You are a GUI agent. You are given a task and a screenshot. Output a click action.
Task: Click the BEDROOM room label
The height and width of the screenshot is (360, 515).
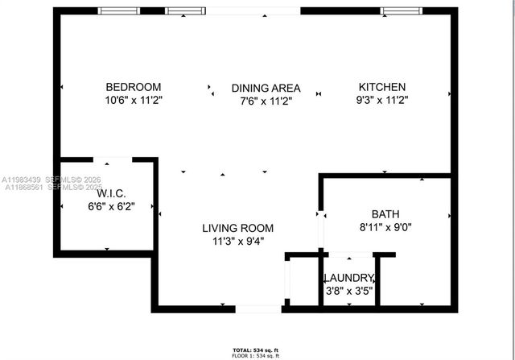[134, 87]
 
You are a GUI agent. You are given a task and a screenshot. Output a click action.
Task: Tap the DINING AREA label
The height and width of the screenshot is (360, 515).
[266, 88]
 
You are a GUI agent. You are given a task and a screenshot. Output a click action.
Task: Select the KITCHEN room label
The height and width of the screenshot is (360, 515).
[382, 87]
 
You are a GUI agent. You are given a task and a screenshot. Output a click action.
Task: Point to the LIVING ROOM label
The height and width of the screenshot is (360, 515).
[237, 228]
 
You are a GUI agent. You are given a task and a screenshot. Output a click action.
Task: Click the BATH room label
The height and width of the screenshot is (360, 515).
[385, 214]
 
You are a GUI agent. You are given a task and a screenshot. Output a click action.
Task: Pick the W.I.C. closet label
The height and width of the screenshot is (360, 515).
[110, 194]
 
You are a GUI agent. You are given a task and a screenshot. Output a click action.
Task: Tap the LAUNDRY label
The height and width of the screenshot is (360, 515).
[349, 279]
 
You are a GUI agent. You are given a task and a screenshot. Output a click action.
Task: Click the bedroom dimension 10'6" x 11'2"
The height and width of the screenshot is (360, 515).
[134, 101]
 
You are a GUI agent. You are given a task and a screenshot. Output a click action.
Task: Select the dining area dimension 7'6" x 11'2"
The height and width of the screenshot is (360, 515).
[266, 101]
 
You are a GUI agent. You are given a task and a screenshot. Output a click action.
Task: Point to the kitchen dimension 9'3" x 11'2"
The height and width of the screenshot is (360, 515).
[382, 101]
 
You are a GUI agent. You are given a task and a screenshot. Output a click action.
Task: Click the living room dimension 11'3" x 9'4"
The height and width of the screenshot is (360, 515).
[237, 241]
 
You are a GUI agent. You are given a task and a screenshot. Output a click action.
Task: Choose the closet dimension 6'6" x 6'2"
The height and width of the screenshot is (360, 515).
[110, 206]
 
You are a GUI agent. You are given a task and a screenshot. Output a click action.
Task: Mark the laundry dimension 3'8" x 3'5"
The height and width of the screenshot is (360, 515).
[349, 291]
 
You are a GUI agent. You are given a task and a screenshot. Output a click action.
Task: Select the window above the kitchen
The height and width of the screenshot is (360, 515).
[400, 11]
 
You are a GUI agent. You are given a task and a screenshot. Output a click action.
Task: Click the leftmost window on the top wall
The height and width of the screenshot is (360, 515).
[119, 11]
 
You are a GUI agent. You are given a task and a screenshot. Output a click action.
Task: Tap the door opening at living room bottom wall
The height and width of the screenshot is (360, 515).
[258, 308]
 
